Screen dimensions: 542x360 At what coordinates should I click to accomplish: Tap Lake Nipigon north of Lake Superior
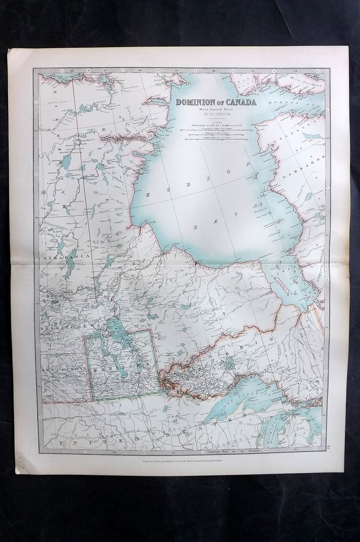tap(229, 365)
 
